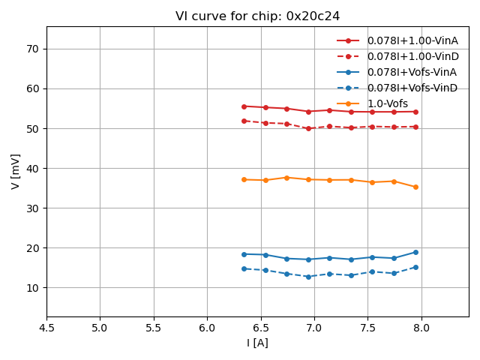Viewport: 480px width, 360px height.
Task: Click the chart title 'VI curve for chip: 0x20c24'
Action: [x=257, y=16]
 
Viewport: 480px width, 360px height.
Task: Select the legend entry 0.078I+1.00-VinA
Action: [x=412, y=40]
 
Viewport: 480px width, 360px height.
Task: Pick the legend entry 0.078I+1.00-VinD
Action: [x=412, y=56]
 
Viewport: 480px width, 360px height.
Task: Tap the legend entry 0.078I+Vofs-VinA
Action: [x=412, y=72]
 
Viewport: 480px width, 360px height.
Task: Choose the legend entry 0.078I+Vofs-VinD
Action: [x=412, y=88]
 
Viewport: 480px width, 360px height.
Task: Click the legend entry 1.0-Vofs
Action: [x=387, y=103]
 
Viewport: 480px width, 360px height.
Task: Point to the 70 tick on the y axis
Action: [x=33, y=49]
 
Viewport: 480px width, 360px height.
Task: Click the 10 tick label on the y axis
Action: [x=33, y=288]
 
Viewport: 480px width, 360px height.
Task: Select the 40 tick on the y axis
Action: [x=33, y=168]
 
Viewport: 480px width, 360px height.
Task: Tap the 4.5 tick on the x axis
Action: [x=46, y=328]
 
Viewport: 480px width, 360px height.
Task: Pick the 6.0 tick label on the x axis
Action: [x=207, y=328]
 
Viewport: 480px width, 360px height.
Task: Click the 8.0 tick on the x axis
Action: [x=421, y=328]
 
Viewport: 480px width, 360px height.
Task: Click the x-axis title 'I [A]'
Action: [x=257, y=343]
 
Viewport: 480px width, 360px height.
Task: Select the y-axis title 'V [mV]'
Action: [x=15, y=171]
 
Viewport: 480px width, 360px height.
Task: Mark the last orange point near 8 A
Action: [x=415, y=187]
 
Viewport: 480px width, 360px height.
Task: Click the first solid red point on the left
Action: [x=244, y=106]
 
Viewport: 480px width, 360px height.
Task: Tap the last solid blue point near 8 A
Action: [x=415, y=252]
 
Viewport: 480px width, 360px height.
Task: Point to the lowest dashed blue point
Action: [x=308, y=277]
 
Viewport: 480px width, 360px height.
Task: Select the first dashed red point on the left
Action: [x=244, y=121]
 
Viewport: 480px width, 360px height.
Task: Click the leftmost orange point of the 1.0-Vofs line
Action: [x=244, y=179]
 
